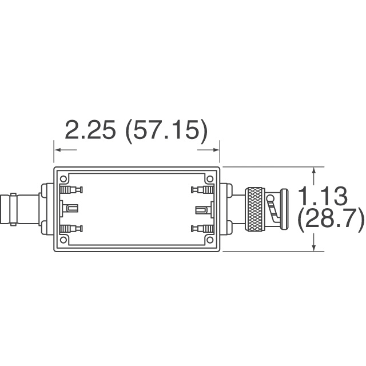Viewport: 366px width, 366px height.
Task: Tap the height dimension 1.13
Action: pos(324,196)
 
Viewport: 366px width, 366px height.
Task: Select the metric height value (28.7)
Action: pos(331,219)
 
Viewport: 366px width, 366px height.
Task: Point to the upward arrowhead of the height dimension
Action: pos(313,170)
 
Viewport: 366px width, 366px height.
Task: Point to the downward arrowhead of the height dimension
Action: pos(313,247)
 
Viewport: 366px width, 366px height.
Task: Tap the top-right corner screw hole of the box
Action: pos(209,179)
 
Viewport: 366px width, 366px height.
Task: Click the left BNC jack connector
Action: pos(17,209)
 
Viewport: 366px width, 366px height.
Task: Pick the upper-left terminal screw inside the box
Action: pos(71,189)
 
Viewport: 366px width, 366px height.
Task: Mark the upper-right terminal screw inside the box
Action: pos(201,189)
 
